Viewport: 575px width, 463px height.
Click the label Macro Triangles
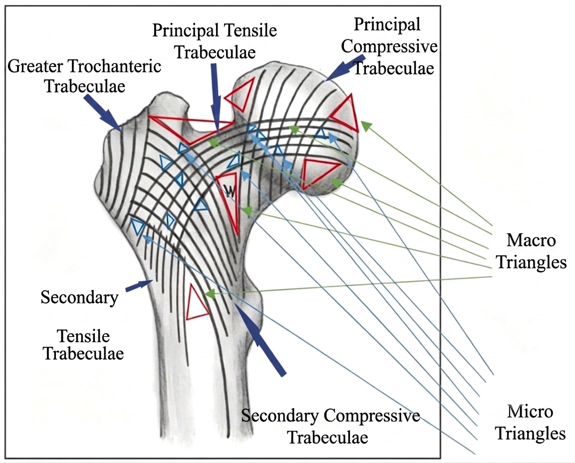[x=531, y=252]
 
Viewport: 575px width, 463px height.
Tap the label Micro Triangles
[x=530, y=423]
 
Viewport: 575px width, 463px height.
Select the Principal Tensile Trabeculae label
[x=215, y=41]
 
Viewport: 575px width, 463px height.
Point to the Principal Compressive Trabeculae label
[x=389, y=46]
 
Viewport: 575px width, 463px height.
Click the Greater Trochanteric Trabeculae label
[x=84, y=76]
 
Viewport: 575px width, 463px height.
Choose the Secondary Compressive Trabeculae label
[x=330, y=427]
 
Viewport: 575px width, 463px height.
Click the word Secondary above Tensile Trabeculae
[x=79, y=297]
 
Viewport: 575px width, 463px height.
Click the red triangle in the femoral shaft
[x=197, y=303]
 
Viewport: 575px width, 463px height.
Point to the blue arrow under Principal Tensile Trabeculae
[x=216, y=97]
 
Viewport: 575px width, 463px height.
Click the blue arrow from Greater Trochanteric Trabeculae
[x=103, y=112]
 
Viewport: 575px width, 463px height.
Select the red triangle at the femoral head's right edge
[x=345, y=113]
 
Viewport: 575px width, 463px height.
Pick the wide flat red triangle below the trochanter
[x=190, y=128]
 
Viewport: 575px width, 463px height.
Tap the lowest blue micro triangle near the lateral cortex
[x=137, y=227]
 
